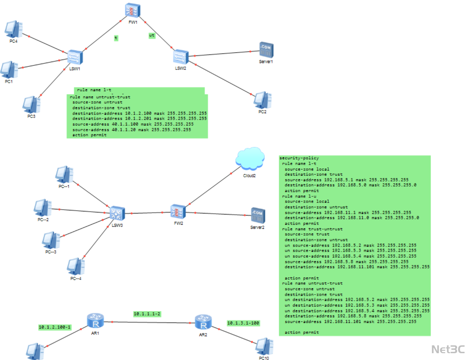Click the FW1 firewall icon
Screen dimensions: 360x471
pyautogui.click(x=133, y=11)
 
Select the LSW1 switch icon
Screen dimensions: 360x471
pyautogui.click(x=75, y=57)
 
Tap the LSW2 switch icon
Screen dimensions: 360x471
pyautogui.click(x=181, y=57)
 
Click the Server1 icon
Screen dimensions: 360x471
pyautogui.click(x=266, y=50)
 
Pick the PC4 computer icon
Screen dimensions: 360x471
pyautogui.click(x=14, y=29)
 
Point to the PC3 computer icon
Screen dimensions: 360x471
pyautogui.click(x=31, y=105)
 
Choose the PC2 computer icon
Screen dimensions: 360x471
pyautogui.click(x=262, y=100)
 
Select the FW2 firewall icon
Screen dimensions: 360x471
pyautogui.click(x=178, y=212)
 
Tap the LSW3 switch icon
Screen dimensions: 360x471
pyautogui.click(x=117, y=214)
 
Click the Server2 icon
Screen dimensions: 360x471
pyautogui.click(x=258, y=215)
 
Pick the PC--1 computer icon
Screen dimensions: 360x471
pyautogui.click(x=64, y=175)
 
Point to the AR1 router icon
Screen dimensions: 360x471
pyautogui.click(x=95, y=321)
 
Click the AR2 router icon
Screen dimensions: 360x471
pyautogui.click(x=203, y=322)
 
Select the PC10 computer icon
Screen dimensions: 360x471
pyautogui.click(x=264, y=346)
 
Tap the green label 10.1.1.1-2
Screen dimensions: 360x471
pyautogui.click(x=147, y=314)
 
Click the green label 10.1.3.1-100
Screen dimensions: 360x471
pyautogui.click(x=243, y=323)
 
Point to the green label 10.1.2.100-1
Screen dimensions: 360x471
pyautogui.click(x=55, y=327)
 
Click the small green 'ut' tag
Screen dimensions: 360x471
pyautogui.click(x=152, y=35)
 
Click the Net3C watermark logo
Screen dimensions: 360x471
pyautogui.click(x=448, y=349)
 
